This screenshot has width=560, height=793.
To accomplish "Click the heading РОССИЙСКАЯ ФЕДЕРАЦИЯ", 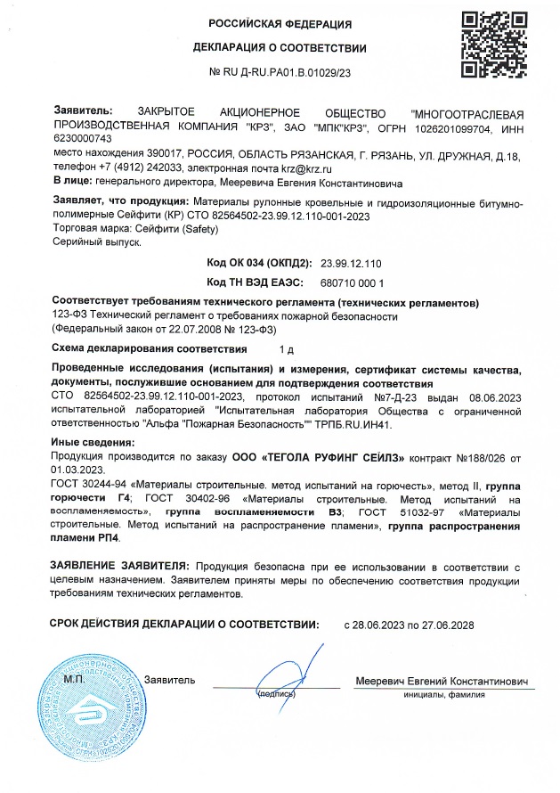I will tap(280, 24).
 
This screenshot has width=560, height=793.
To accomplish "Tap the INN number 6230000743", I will tap(83, 139).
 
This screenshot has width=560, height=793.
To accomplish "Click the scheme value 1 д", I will tap(286, 348).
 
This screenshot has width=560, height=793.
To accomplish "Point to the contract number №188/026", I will tap(481, 457).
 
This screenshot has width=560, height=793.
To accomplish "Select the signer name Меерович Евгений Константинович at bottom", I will tap(441, 681).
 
